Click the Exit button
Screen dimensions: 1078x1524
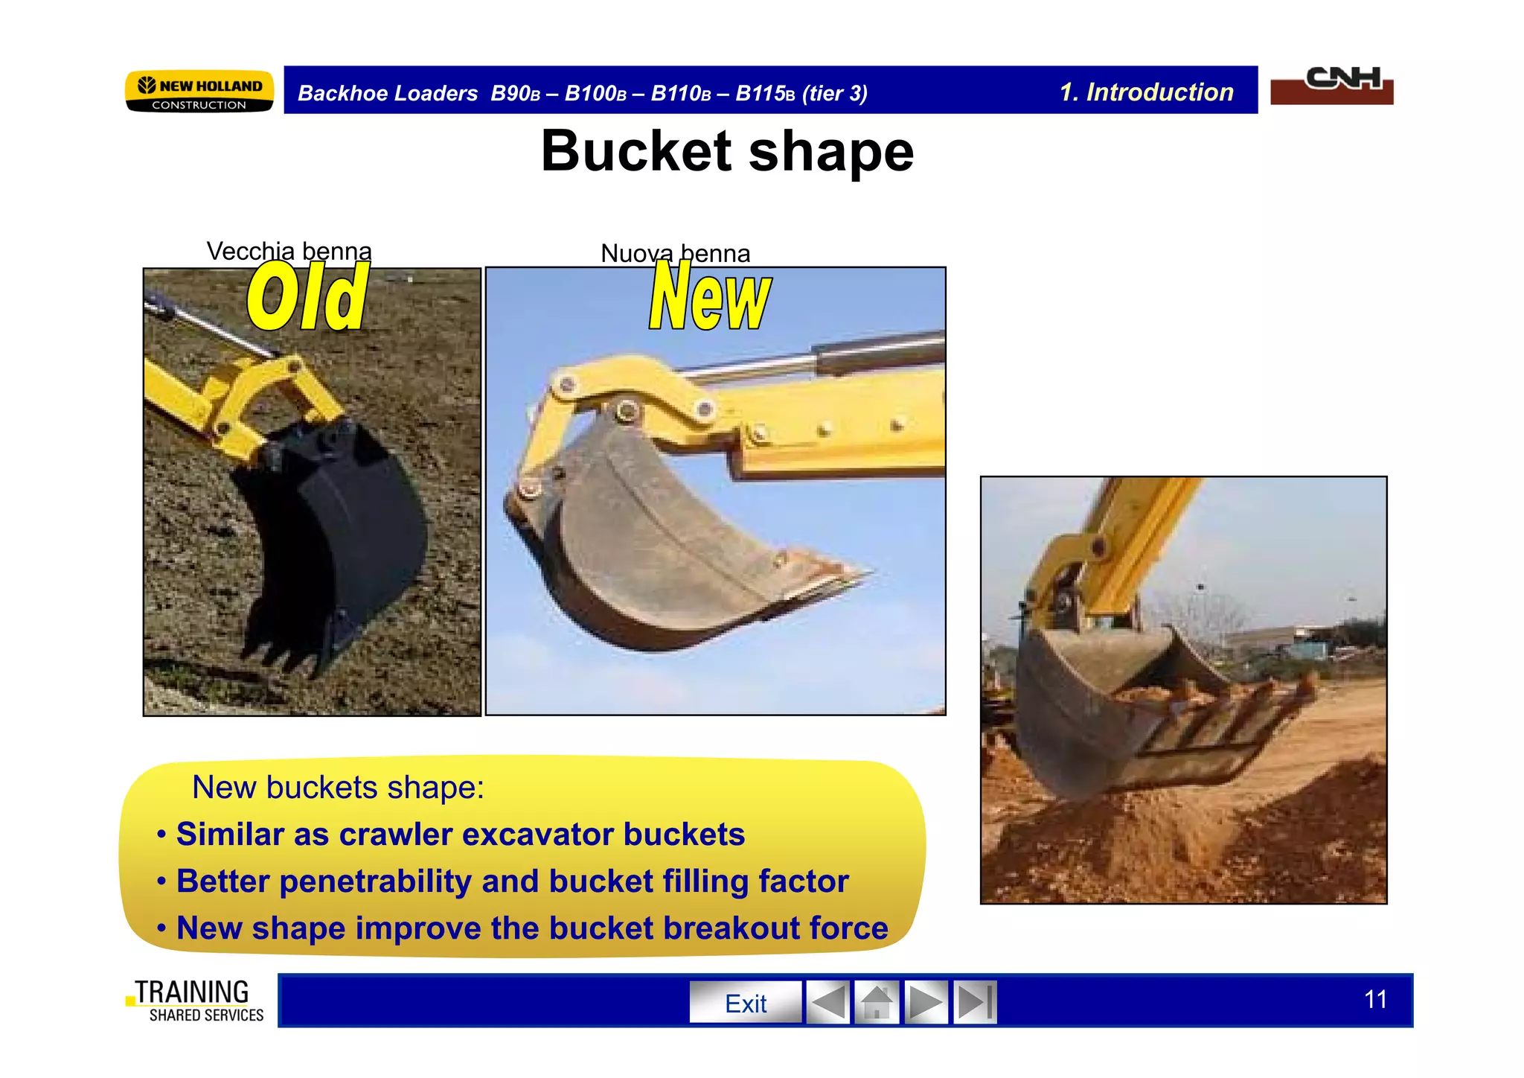pos(745,1003)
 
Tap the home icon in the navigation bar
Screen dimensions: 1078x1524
pos(877,1003)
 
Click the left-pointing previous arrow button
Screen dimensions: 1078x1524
pos(827,1003)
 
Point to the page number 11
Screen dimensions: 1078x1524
pos(1375,999)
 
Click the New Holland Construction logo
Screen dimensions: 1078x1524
pos(199,92)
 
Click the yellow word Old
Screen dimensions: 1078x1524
pos(307,298)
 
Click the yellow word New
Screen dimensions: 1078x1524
pos(710,298)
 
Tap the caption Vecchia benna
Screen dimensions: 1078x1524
pos(289,251)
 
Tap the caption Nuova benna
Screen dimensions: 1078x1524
pos(675,253)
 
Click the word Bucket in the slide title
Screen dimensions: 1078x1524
pos(636,151)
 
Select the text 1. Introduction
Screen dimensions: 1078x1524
pos(1146,92)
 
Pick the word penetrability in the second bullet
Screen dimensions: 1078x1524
pos(375,881)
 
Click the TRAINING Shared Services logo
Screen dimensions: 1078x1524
pos(196,1001)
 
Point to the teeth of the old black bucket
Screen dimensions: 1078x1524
pos(279,655)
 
